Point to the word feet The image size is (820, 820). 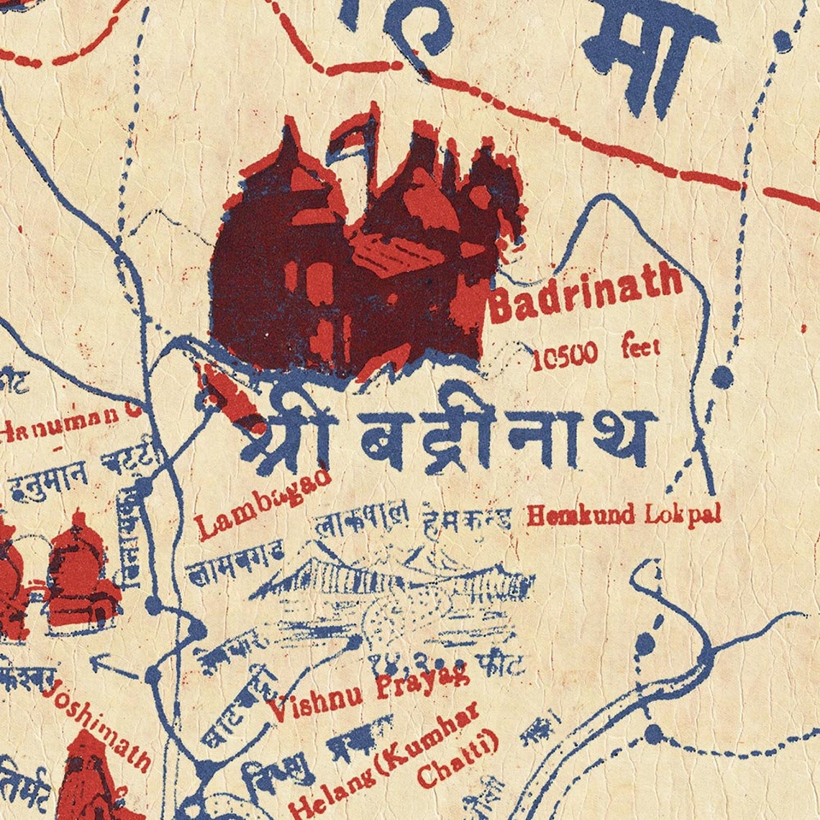(640, 350)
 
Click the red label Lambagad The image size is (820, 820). (263, 504)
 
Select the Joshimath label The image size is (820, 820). (97, 726)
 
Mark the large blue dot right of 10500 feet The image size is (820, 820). (722, 376)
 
